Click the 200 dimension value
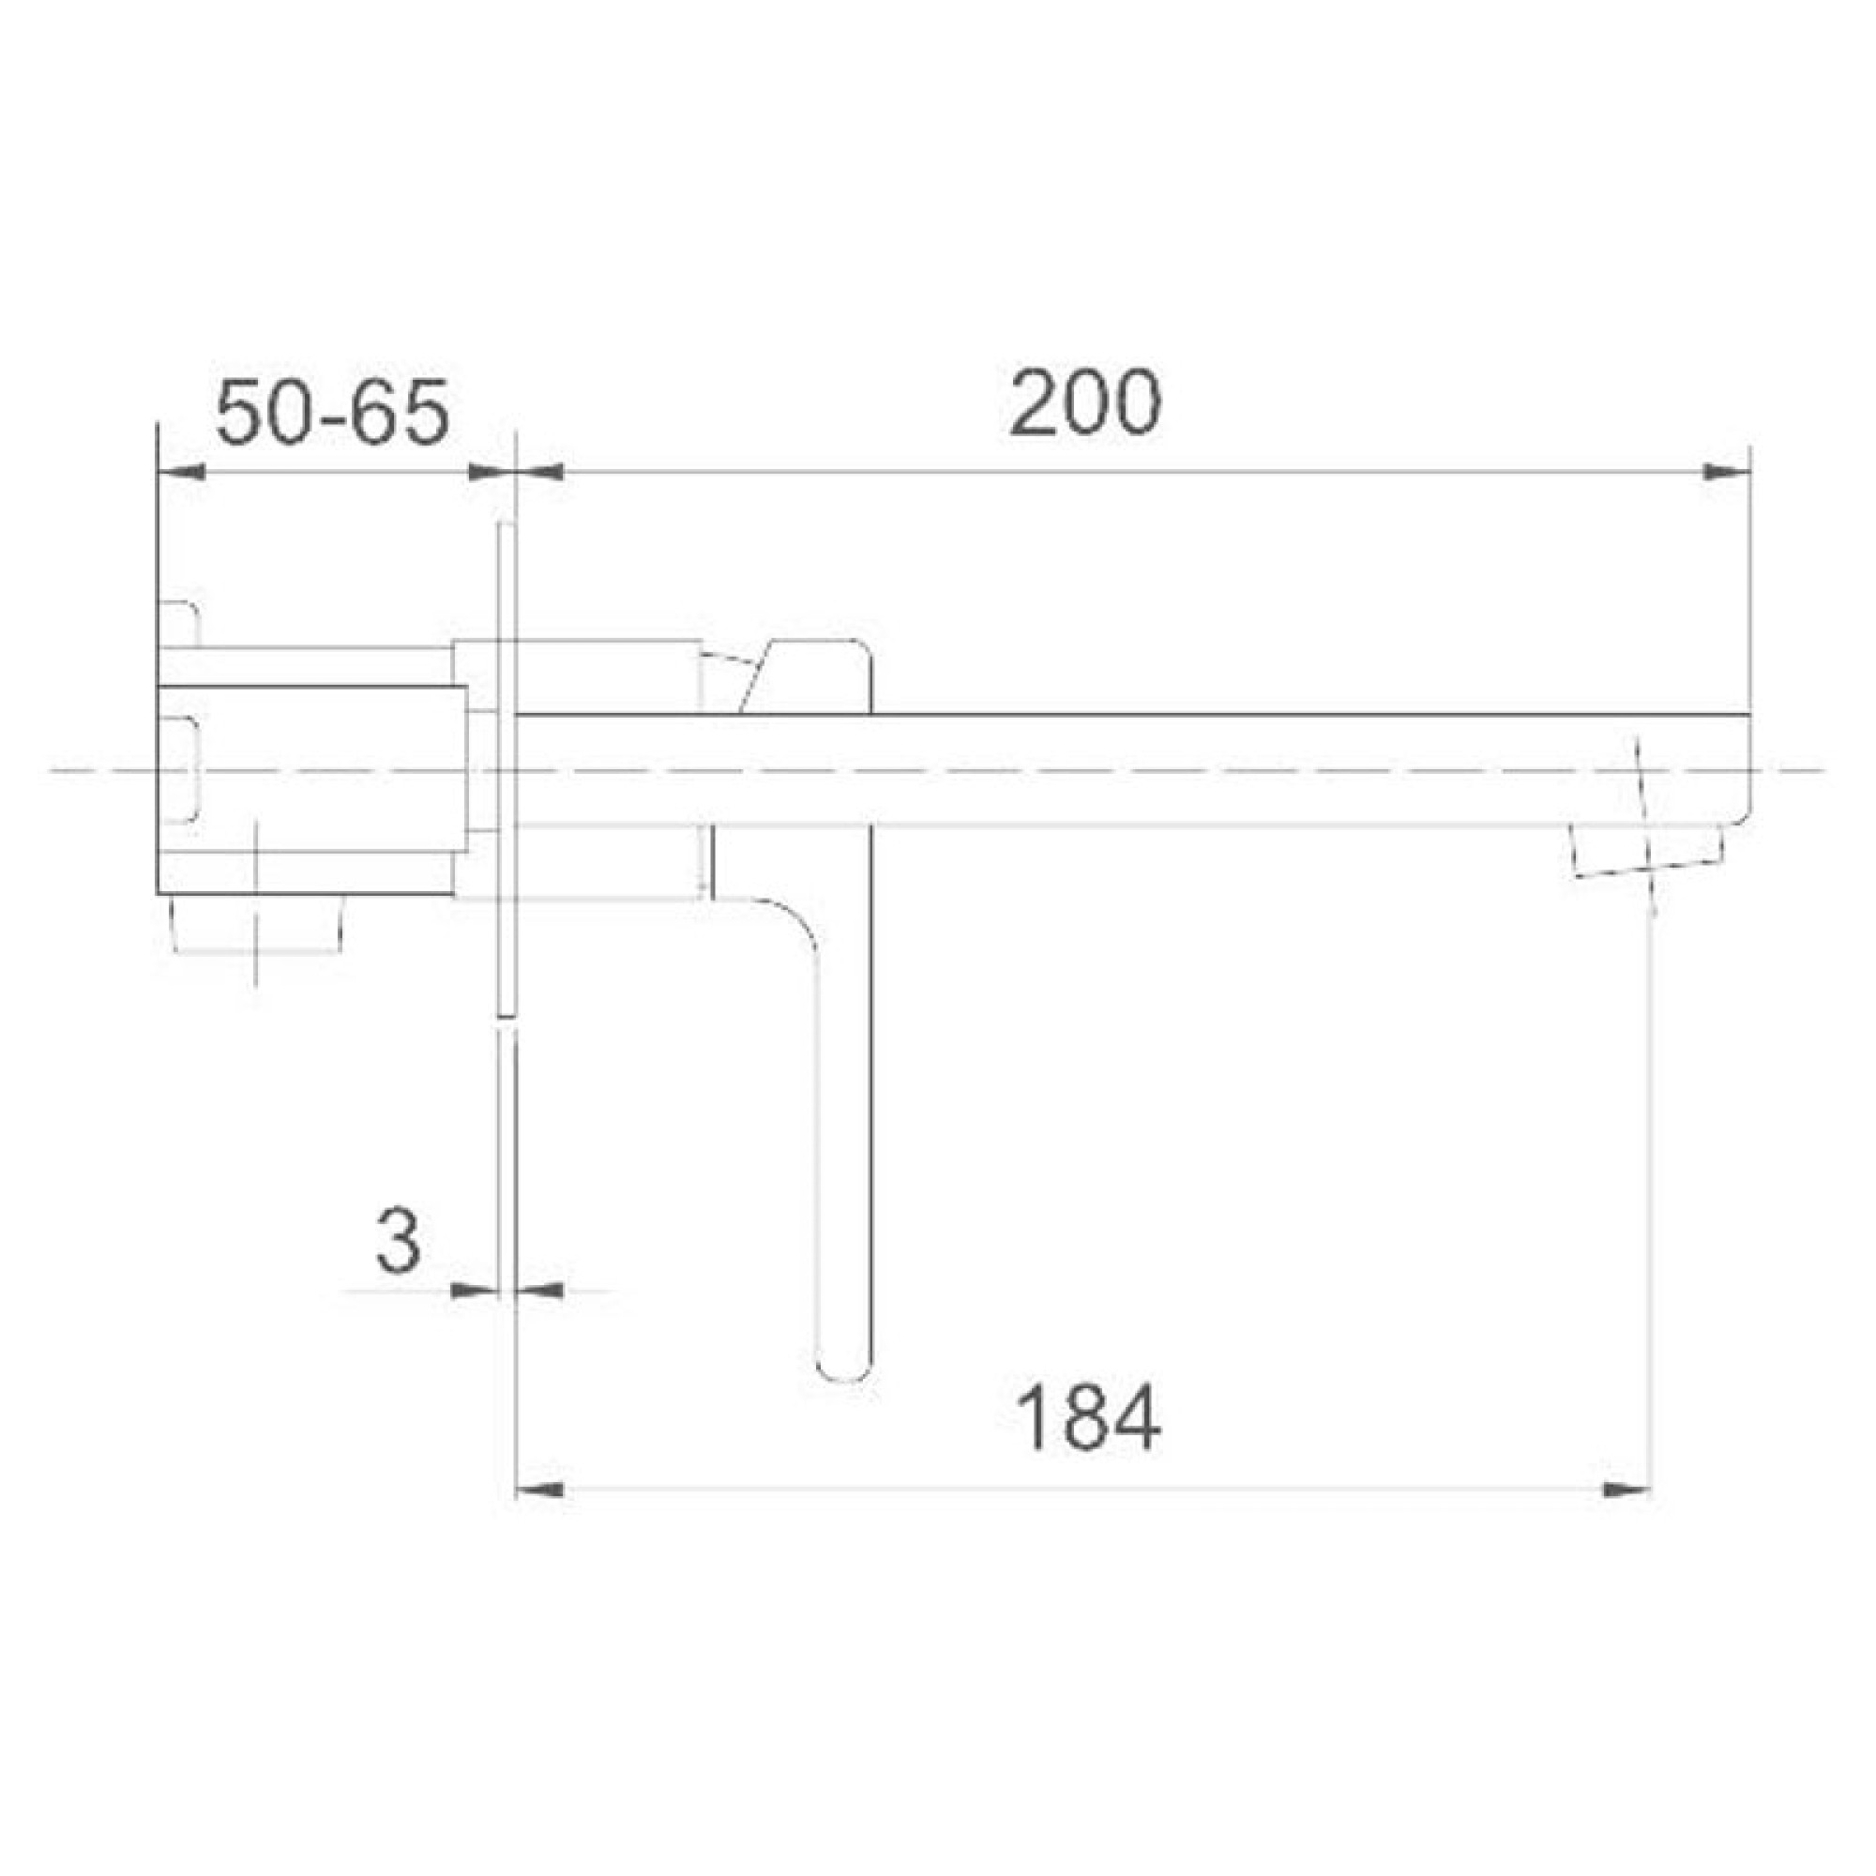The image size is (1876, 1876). coord(1084,404)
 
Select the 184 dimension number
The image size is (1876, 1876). coord(1088,1418)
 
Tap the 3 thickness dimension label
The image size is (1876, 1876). coord(398,1242)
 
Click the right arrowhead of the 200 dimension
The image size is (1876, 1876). coord(1726,473)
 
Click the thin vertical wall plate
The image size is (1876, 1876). coord(505,769)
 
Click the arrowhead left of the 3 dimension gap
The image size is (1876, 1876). coord(474,1291)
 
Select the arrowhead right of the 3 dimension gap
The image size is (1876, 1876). coord(540,1291)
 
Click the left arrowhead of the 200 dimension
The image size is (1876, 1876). coord(540,473)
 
